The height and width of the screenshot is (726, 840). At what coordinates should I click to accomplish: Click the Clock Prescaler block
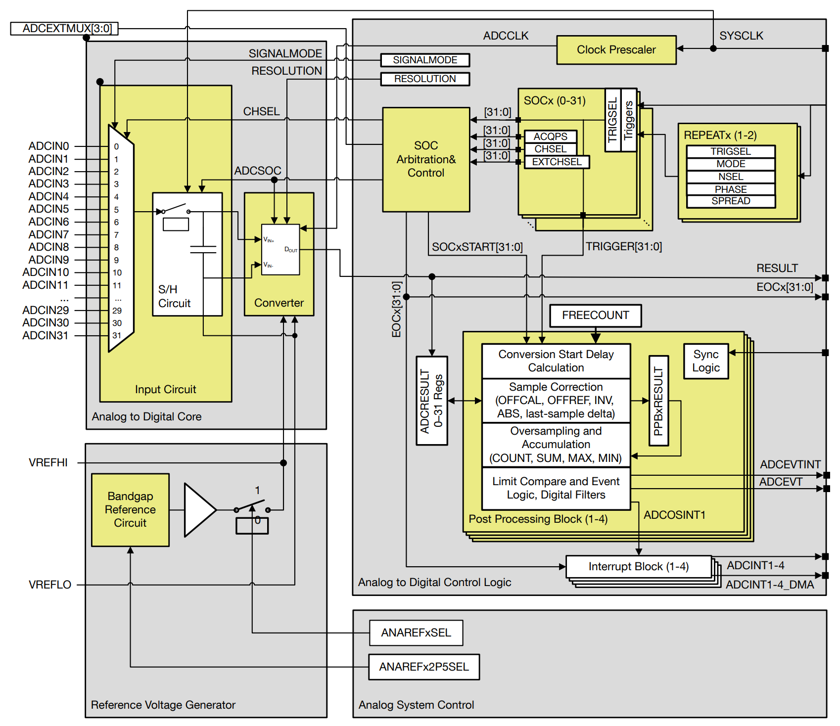point(616,50)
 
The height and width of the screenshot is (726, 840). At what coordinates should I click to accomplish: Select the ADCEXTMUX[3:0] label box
point(64,29)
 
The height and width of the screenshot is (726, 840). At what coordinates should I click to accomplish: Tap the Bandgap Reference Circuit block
point(130,509)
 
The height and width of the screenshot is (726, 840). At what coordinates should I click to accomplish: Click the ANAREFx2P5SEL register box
point(424,667)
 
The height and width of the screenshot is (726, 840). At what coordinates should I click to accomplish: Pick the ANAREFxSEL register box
point(416,633)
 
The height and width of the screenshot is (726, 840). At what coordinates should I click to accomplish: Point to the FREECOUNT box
point(595,316)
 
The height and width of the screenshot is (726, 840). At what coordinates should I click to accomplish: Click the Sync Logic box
point(705,361)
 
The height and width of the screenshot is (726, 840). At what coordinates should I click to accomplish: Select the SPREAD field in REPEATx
point(731,201)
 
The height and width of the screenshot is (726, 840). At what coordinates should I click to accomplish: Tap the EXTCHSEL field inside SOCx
point(557,162)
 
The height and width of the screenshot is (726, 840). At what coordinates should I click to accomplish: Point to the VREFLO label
point(50,585)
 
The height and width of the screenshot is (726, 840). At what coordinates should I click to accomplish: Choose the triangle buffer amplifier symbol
point(198,509)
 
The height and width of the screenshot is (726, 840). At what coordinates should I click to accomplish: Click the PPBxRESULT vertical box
point(658,401)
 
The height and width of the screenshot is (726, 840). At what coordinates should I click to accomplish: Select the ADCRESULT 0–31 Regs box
point(431,401)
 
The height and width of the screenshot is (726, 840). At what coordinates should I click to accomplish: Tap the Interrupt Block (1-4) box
point(638,566)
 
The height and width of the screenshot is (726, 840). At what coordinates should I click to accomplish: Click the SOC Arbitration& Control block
point(426,159)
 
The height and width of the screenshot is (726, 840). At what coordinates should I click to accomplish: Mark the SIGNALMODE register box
point(425,60)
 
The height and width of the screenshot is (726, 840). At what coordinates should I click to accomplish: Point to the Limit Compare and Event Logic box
point(556,488)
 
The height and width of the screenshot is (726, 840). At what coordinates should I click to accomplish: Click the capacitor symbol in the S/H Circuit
point(203,249)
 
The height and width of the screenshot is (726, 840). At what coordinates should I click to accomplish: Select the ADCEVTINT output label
point(790,464)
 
